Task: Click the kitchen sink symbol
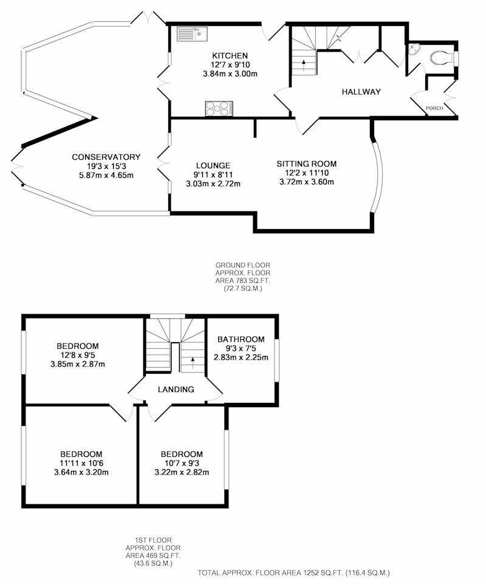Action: (193, 34)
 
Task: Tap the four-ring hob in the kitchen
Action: (219, 108)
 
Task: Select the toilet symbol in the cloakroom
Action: (441, 58)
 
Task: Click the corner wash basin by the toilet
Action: (414, 49)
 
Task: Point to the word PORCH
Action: (434, 108)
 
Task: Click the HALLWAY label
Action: (361, 92)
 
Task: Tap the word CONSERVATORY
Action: (106, 157)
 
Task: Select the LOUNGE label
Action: (213, 165)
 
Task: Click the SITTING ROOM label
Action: (307, 164)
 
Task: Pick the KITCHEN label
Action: (230, 56)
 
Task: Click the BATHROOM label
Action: (241, 339)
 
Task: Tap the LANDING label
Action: (176, 390)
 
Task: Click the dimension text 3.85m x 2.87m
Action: (78, 364)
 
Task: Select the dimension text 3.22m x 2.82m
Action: (182, 472)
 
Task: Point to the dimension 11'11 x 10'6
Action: (81, 463)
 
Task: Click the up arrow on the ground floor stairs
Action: (304, 65)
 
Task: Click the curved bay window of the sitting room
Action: (378, 175)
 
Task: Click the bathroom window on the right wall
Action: (276, 360)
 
